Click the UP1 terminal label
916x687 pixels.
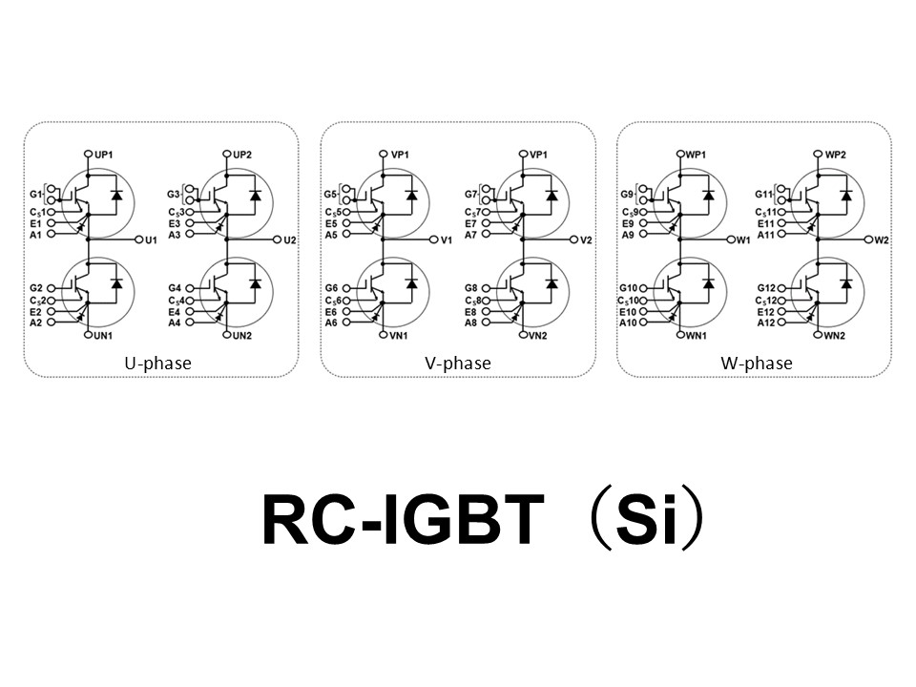pos(104,154)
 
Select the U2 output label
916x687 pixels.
pos(290,239)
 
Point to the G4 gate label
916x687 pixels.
pos(174,287)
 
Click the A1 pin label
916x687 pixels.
pos(35,234)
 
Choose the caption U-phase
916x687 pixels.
pos(157,364)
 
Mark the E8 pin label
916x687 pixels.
pos(470,311)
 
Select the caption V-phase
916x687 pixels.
pos(458,364)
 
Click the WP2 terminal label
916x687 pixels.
pos(837,154)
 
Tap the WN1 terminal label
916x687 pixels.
pos(696,336)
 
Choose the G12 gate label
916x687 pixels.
pos(766,287)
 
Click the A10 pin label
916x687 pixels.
pos(627,323)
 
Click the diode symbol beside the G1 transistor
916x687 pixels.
pos(116,196)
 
